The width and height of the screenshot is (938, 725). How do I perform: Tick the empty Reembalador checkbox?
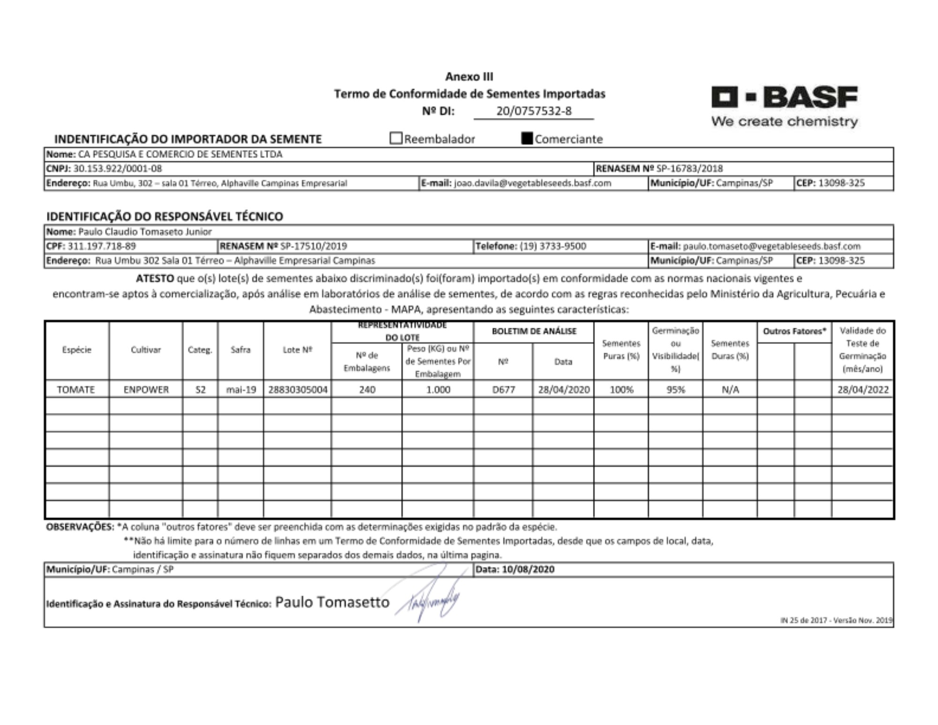(396, 138)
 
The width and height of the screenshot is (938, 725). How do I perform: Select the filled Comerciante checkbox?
(527, 138)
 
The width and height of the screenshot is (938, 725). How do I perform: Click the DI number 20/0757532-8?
(534, 111)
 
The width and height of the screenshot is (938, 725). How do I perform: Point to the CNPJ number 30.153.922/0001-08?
(118, 168)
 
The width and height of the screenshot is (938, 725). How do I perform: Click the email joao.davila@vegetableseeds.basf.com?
(532, 183)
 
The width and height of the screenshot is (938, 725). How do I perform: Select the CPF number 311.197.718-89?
(102, 246)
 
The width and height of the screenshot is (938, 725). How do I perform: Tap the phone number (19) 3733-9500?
(553, 246)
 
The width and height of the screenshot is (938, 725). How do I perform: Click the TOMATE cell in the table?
(76, 389)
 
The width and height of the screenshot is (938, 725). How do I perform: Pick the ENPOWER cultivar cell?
(146, 389)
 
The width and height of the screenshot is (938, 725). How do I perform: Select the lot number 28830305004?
(297, 389)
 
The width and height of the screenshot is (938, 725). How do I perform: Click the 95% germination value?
(675, 389)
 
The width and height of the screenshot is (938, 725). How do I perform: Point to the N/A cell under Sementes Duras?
(730, 389)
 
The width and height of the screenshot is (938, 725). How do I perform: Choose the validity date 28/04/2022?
(863, 389)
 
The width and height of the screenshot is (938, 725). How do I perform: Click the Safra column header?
(241, 350)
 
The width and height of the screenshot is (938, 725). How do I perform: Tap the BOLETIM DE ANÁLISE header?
(534, 331)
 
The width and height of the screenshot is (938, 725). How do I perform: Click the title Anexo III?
(469, 76)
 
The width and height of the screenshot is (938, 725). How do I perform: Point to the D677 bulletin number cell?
(503, 389)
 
